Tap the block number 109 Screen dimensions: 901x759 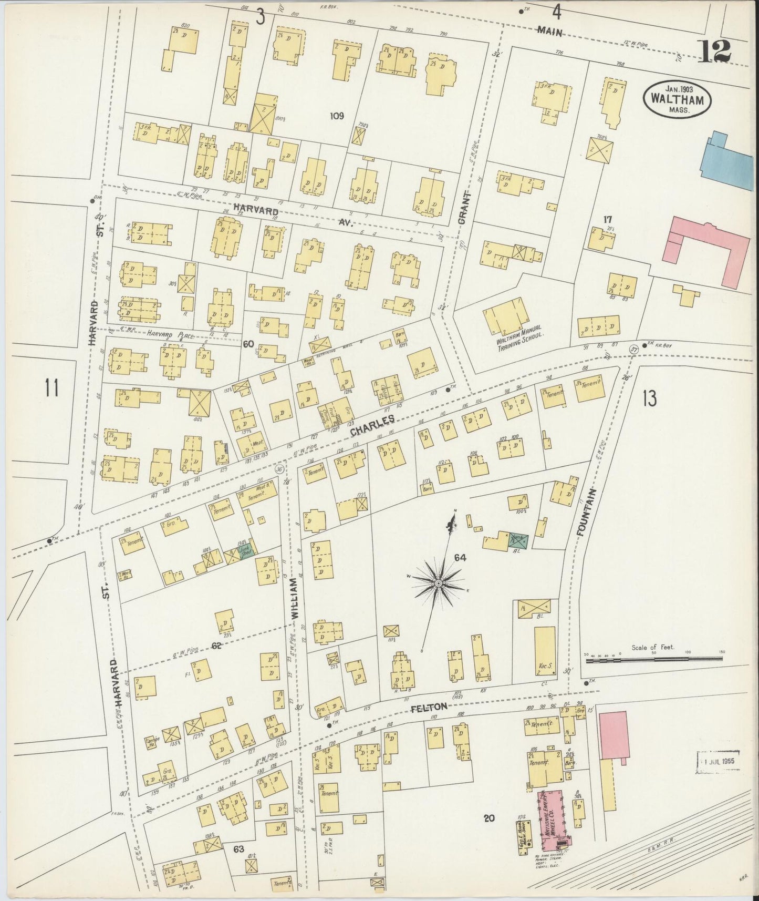pyautogui.click(x=336, y=116)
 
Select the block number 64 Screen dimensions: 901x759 pyautogui.click(x=460, y=557)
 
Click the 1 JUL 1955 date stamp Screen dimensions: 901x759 pyautogui.click(x=718, y=761)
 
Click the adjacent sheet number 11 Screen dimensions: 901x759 pyautogui.click(x=51, y=390)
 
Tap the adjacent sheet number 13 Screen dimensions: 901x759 pyautogui.click(x=649, y=398)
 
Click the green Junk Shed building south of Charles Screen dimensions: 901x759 pyautogui.click(x=246, y=551)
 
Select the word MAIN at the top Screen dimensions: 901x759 pyautogui.click(x=550, y=32)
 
